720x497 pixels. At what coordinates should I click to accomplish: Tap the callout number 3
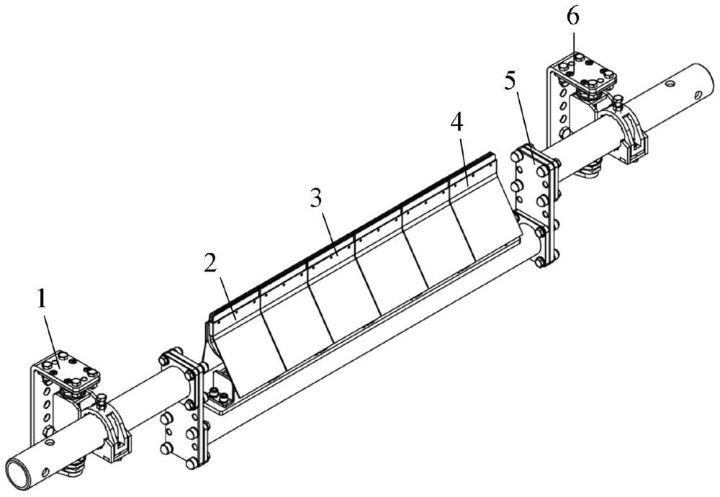pyautogui.click(x=316, y=198)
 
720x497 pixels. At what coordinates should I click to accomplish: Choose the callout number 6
pyautogui.click(x=573, y=17)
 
